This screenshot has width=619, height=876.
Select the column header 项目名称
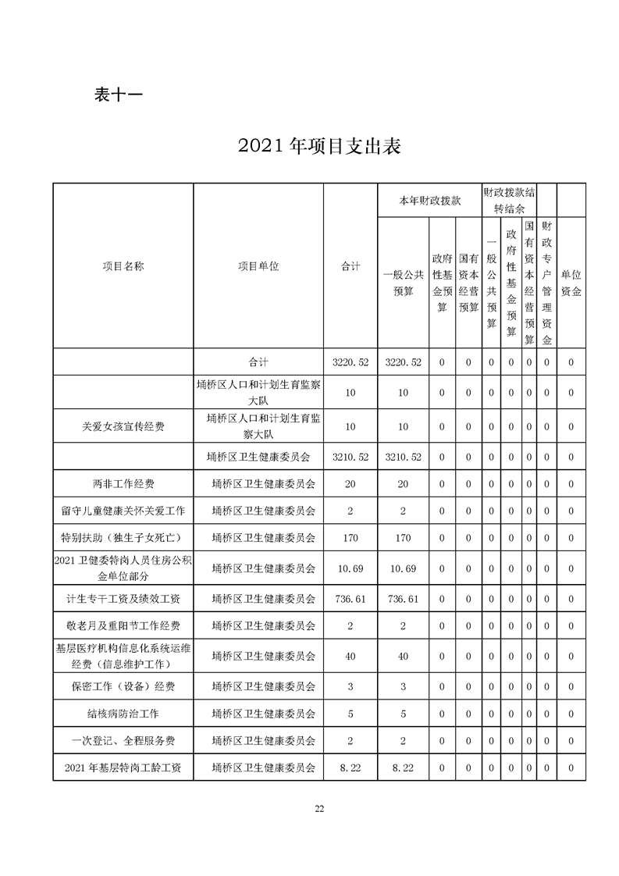[123, 266]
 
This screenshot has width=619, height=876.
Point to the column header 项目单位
[258, 266]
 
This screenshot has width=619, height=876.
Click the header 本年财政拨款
[429, 201]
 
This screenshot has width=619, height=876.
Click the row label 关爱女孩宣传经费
[123, 426]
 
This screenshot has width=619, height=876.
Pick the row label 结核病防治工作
[123, 713]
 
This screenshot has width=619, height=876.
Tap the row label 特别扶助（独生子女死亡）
[123, 537]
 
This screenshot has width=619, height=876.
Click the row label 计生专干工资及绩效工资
[123, 599]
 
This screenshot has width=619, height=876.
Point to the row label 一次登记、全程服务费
[123, 740]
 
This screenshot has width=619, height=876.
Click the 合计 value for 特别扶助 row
[350, 537]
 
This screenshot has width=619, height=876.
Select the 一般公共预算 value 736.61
[403, 599]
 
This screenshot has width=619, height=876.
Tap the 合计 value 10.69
[350, 568]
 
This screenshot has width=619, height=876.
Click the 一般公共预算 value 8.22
[403, 768]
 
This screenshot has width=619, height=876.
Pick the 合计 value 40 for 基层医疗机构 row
[350, 657]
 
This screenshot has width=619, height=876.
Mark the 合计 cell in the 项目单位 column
[258, 362]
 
